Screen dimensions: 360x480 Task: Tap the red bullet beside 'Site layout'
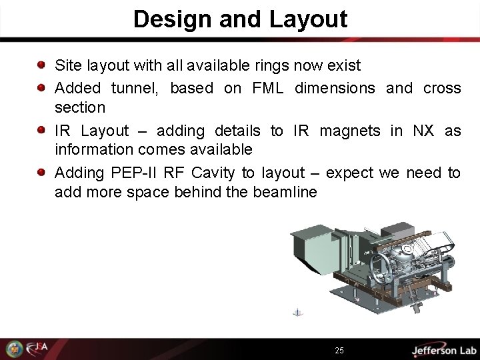tap(41, 66)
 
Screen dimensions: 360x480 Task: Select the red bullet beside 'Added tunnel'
tap(41, 87)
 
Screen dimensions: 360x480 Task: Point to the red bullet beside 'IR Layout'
tap(41, 129)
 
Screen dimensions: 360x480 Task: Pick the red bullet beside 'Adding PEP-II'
tap(41, 173)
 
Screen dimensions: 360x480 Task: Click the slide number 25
tap(339, 349)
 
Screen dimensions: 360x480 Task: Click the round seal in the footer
tap(13, 348)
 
